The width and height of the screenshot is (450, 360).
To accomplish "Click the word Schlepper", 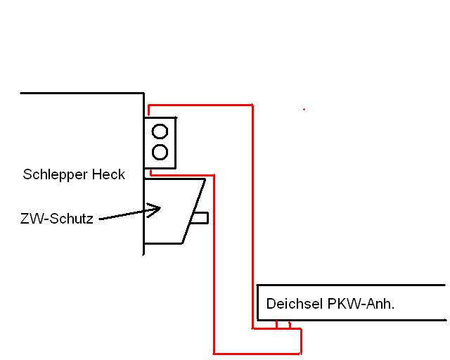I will click(x=56, y=174).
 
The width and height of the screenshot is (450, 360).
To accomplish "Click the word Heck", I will click(x=109, y=174).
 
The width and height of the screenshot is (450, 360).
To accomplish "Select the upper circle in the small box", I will click(x=160, y=131).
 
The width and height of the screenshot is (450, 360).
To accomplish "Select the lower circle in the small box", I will click(x=160, y=151).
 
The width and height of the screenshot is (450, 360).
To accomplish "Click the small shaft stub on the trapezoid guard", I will click(x=200, y=218).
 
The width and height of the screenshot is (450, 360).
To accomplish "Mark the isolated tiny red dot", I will click(x=304, y=109).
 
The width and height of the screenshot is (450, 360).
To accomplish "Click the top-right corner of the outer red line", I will click(x=252, y=105).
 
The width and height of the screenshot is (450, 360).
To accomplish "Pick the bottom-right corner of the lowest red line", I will click(x=301, y=352).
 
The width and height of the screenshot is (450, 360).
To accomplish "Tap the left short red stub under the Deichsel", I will click(x=277, y=324).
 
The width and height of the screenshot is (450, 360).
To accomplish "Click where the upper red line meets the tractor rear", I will click(x=149, y=105).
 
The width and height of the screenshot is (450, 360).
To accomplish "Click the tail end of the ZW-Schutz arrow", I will click(x=100, y=219).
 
